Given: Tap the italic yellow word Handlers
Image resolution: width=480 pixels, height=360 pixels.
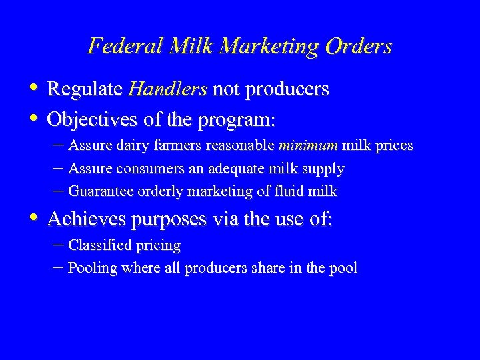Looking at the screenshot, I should coord(168,89).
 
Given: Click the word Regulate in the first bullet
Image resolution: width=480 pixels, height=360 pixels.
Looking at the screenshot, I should coord(85,89).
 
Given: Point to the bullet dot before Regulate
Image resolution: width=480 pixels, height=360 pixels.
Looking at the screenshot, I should coord(33,88).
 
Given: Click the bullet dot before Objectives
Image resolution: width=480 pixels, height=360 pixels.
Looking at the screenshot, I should coord(33,119).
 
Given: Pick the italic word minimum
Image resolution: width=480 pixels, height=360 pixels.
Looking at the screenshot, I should coord(309,145).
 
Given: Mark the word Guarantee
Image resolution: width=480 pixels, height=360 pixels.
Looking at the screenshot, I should coord(101,192).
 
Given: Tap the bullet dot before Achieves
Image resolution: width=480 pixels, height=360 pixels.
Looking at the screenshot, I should coord(33,218).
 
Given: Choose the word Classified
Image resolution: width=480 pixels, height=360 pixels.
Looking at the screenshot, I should coord(99,245).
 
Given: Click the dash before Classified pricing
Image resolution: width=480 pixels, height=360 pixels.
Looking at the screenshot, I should coord(58,245).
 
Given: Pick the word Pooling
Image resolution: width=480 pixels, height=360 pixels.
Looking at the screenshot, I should coord(93,269).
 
